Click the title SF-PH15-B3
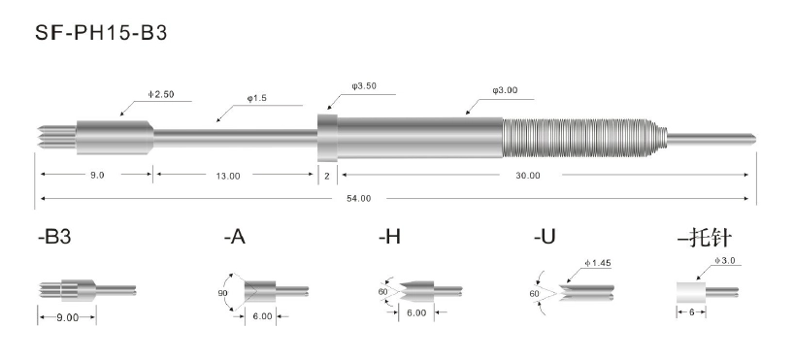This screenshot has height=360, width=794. [x=101, y=33]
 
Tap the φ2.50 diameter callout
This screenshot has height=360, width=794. [x=161, y=95]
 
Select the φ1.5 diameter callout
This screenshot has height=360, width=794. [x=256, y=98]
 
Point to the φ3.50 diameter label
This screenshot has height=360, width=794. [x=364, y=86]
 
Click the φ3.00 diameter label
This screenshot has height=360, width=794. [x=505, y=90]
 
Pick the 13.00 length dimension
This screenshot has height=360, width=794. [x=228, y=176]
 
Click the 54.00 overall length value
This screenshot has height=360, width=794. [x=358, y=199]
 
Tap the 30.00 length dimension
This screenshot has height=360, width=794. [x=528, y=176]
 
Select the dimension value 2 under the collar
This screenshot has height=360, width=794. [x=327, y=176]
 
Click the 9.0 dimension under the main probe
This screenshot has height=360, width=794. [x=97, y=175]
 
